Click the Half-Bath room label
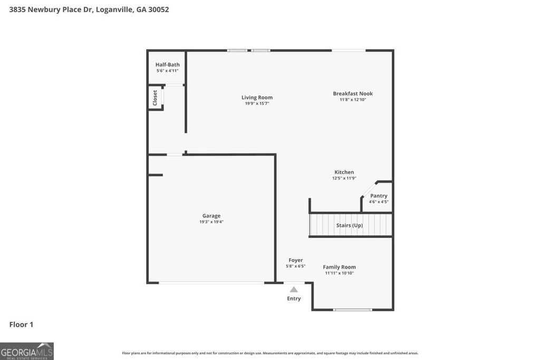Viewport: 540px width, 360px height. (x=167, y=64)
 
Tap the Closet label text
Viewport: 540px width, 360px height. (x=155, y=98)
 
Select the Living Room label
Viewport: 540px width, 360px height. (x=257, y=98)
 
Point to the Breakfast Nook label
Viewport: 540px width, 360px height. (x=352, y=93)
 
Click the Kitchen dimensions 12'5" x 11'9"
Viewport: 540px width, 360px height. (x=344, y=178)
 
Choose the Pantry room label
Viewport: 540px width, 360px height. (x=379, y=196)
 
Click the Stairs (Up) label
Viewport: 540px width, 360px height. (x=349, y=225)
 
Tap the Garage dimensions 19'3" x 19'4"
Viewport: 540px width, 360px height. (x=211, y=222)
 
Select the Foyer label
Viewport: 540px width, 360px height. (x=295, y=260)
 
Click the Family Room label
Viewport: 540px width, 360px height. (x=339, y=267)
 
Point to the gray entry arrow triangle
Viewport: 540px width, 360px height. (x=294, y=289)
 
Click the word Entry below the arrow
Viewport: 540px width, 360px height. (x=294, y=298)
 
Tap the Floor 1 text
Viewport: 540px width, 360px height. (x=21, y=324)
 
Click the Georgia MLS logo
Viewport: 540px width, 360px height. (x=27, y=351)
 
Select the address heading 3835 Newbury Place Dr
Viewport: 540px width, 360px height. (x=89, y=9)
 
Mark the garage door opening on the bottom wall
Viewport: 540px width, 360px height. (x=211, y=283)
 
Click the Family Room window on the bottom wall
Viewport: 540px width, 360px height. (x=353, y=310)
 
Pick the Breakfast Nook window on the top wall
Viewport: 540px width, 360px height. (x=348, y=51)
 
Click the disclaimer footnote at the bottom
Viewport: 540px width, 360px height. (x=270, y=353)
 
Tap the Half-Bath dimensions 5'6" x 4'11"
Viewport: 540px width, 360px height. (x=167, y=71)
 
